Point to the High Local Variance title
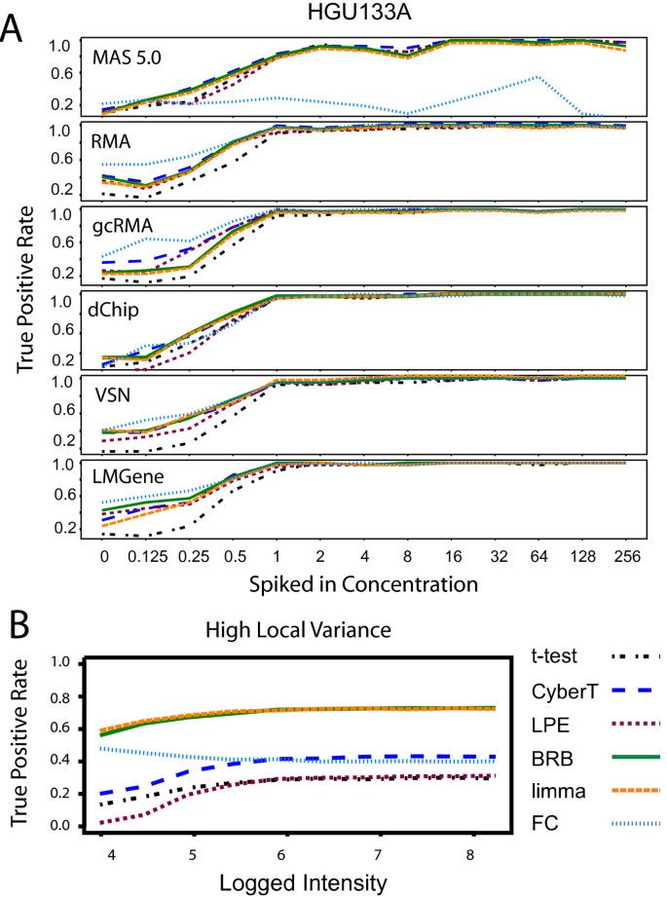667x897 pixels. pos(304,630)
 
